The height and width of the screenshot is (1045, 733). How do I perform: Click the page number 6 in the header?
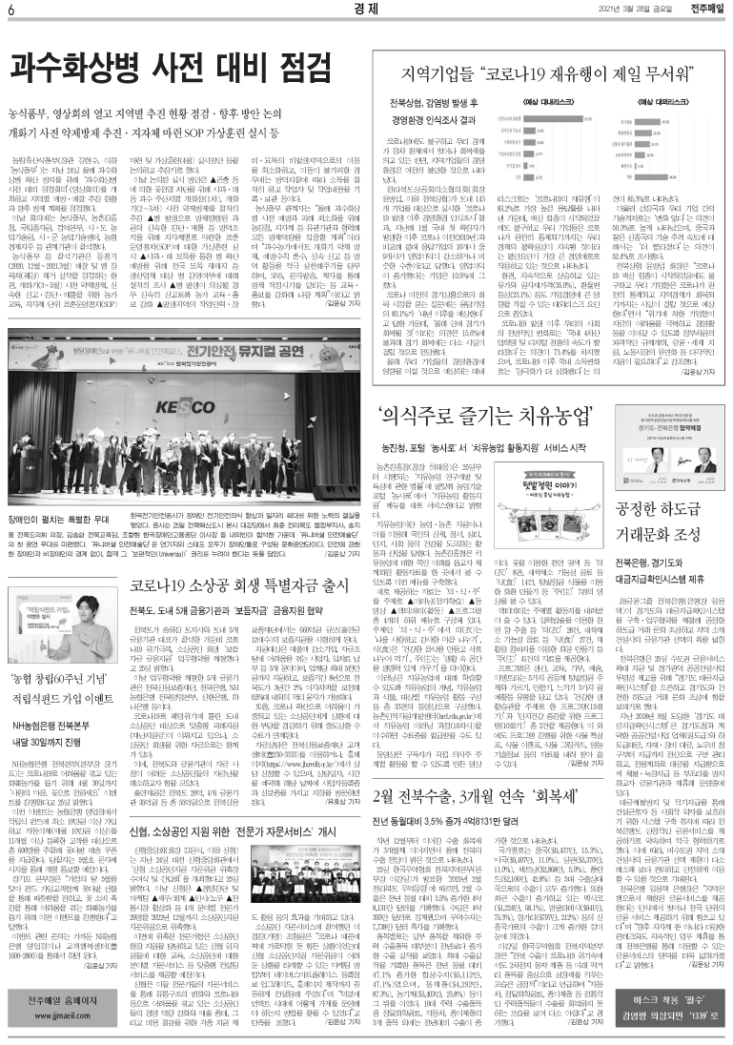[x=9, y=10]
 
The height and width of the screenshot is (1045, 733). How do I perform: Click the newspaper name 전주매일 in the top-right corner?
[x=704, y=10]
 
